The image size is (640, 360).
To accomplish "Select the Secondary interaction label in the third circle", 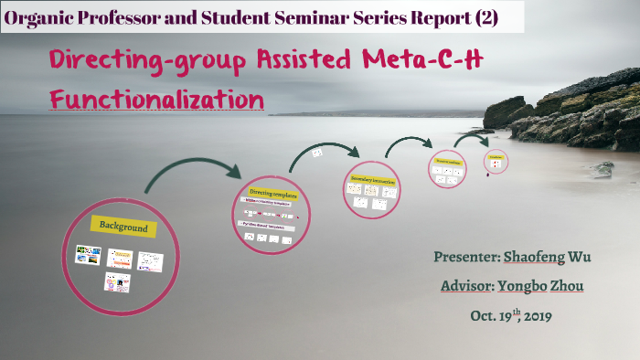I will coord(372,182).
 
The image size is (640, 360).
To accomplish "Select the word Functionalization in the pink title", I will coord(157,98).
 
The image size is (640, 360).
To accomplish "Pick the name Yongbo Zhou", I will coord(544,286).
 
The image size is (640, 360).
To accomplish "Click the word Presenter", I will coord(466,257).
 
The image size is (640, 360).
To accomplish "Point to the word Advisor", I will coord(466,286).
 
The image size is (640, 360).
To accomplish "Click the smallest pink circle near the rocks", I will coord(496,161).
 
